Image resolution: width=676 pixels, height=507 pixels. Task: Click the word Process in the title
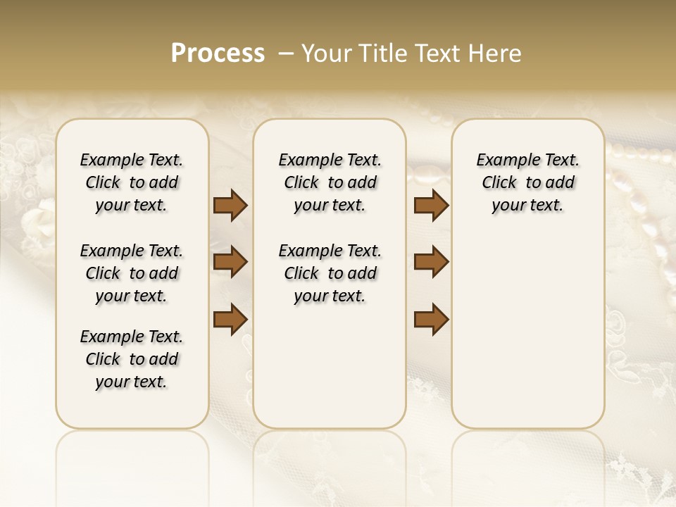218,54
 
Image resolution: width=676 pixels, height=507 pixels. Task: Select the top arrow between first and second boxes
230,206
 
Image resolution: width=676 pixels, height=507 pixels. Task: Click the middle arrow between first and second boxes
230,263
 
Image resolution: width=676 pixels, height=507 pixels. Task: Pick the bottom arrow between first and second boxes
230,318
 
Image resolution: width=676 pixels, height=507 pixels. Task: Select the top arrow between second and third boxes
431,206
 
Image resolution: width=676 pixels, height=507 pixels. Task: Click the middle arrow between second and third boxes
431,263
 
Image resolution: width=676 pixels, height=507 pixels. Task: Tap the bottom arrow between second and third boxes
431,318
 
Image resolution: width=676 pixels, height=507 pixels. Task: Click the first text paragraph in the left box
132,182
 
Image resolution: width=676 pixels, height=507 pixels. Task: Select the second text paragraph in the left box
132,273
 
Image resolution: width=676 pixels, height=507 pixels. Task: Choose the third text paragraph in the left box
132,359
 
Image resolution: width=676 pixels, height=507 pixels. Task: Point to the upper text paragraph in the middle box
330,182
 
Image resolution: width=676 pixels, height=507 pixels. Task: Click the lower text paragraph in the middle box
330,273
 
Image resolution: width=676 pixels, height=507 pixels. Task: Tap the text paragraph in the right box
528,182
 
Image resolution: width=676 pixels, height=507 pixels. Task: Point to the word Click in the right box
499,183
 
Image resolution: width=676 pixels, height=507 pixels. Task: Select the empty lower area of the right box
528,331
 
